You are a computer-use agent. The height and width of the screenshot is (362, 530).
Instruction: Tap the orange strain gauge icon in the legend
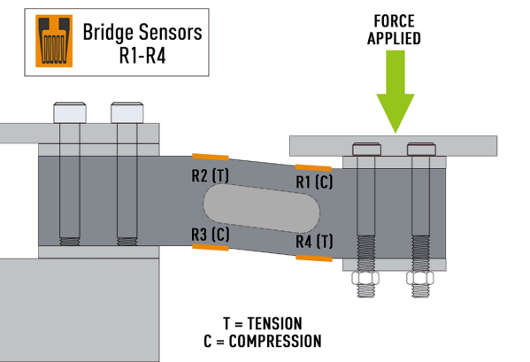54,41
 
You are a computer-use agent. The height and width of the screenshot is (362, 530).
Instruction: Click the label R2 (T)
211,176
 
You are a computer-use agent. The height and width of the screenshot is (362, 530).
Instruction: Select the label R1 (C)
314,181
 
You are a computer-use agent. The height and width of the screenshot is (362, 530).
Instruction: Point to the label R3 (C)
211,234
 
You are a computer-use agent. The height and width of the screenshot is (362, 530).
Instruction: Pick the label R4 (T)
314,242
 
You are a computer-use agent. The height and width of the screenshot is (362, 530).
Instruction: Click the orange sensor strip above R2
211,157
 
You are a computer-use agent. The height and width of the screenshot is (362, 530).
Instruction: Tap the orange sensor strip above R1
313,167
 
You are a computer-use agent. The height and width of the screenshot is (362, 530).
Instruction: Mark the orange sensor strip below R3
211,248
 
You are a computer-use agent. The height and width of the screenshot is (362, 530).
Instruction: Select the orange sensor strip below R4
314,258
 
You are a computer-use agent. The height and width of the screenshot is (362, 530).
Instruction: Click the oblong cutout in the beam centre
261,208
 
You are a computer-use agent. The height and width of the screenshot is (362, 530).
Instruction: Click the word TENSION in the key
274,323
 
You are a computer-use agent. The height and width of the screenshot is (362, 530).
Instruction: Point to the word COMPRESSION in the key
275,341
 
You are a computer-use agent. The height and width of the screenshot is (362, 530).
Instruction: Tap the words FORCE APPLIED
394,30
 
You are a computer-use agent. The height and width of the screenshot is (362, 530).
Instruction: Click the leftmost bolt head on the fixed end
70,112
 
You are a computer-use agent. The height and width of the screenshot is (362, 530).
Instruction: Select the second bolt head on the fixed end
127,112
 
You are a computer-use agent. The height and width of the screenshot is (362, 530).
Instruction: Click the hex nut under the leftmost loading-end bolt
365,278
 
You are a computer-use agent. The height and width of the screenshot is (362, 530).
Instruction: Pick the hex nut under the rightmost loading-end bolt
420,278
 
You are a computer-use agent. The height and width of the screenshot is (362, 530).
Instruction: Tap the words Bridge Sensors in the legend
142,33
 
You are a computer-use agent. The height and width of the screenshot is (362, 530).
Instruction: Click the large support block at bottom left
80,310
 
